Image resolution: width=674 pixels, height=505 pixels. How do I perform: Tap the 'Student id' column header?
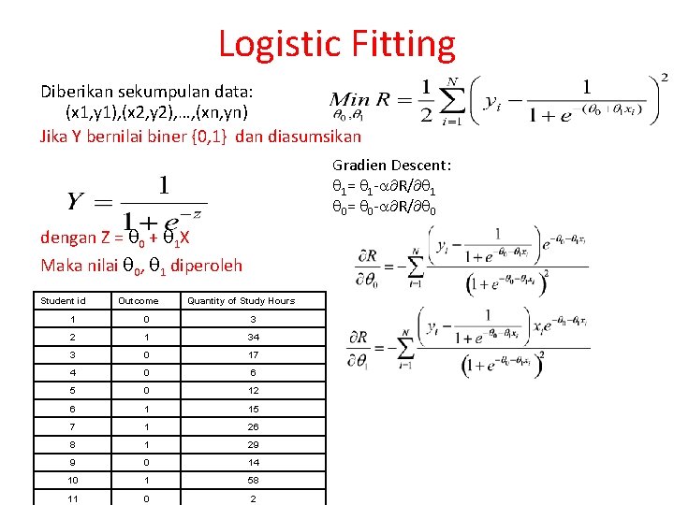coord(63,301)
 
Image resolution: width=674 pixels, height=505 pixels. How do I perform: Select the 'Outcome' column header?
coord(138,301)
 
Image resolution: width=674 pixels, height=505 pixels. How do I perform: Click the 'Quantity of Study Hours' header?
coord(241,301)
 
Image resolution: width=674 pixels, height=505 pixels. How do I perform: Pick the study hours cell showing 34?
coord(254,337)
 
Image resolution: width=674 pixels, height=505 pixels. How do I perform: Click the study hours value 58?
coord(254,480)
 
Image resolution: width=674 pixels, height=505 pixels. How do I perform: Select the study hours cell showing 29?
coord(254,444)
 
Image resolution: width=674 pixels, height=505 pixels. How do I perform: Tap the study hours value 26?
coord(254,426)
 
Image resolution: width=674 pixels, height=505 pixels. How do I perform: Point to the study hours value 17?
coord(254,354)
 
